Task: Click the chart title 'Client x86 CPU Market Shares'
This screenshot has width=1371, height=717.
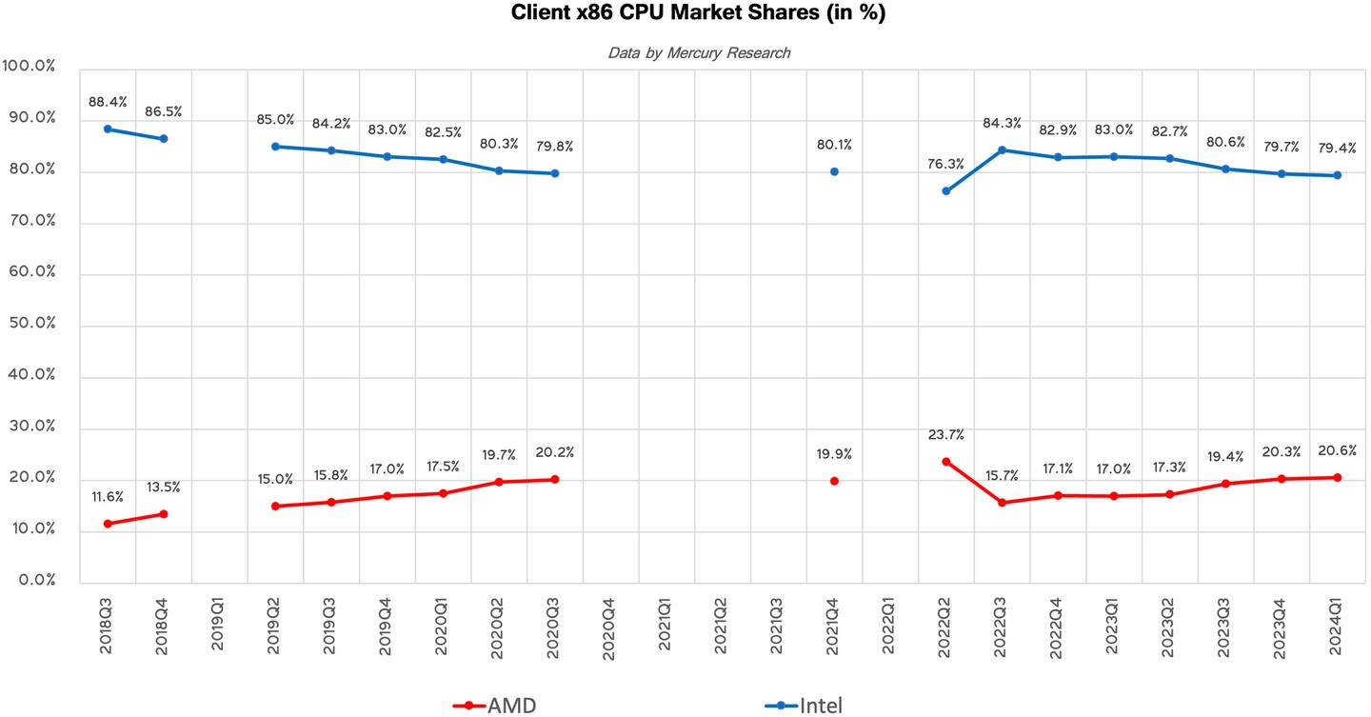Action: pyautogui.click(x=685, y=13)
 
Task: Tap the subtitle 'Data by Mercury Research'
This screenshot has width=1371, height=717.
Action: pyautogui.click(x=699, y=53)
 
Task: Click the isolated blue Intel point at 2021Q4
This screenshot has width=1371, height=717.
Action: pyautogui.click(x=835, y=171)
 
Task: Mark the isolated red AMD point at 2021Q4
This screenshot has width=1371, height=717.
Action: pyautogui.click(x=835, y=481)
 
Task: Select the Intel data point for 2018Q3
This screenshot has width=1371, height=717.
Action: pyautogui.click(x=108, y=129)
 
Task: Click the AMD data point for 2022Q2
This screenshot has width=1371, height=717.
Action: pyautogui.click(x=946, y=462)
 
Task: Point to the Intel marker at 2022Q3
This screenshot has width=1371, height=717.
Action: pyautogui.click(x=1003, y=149)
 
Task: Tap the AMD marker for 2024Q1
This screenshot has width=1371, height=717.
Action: pyautogui.click(x=1338, y=477)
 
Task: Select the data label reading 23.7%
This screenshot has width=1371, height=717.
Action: pyautogui.click(x=945, y=435)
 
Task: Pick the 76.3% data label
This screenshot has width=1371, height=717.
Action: pyautogui.click(x=945, y=164)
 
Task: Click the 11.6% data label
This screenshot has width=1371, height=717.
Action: pyautogui.click(x=107, y=497)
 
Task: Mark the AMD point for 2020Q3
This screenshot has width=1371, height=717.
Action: pyautogui.click(x=555, y=479)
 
